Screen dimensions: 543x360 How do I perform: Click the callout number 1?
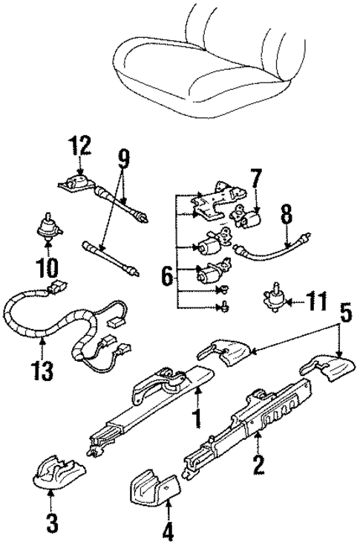point(196,419)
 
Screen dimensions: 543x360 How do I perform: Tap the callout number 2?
point(258,466)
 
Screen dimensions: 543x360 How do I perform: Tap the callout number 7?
point(255,179)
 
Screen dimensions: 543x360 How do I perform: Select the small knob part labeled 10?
point(49,225)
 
